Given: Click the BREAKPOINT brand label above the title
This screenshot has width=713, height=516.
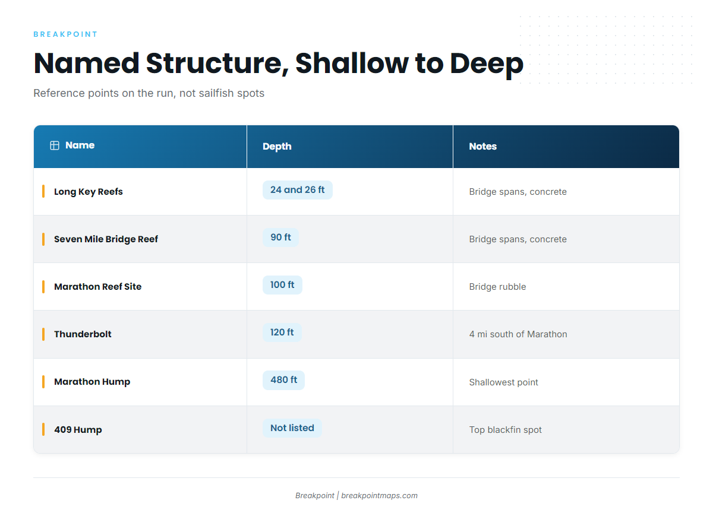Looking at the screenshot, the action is (x=65, y=34).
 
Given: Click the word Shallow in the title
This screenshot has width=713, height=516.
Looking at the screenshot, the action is (x=352, y=64).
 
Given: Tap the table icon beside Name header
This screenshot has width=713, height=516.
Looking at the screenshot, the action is (x=55, y=145).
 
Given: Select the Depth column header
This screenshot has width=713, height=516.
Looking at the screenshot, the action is (x=277, y=147).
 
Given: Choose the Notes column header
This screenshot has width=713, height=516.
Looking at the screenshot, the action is (x=483, y=146).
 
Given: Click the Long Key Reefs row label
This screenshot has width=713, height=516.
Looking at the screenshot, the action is (x=88, y=192).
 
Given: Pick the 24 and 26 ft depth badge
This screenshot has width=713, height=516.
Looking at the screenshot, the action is (x=298, y=190).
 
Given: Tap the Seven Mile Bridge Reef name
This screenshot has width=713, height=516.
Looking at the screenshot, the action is (x=106, y=239).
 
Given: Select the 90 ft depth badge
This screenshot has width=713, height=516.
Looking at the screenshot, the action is (x=280, y=238).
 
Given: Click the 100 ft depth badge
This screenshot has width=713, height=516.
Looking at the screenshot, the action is (x=282, y=285).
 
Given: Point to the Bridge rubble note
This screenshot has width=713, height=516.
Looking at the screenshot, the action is (x=497, y=287).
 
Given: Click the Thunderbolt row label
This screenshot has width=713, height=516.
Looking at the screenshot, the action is (x=83, y=334).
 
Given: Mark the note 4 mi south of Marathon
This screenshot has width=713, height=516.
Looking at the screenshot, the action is (x=518, y=334).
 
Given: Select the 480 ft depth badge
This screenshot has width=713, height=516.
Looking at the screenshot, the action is (x=283, y=380).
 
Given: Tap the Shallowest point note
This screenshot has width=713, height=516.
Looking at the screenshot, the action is (x=504, y=382).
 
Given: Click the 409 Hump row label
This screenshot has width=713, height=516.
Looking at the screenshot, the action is (x=78, y=430).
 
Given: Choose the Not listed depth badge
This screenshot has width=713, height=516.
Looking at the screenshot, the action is (x=292, y=428).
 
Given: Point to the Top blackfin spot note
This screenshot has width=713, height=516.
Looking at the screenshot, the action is (x=506, y=430).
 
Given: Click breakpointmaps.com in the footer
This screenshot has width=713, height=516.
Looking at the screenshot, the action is (x=380, y=496).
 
